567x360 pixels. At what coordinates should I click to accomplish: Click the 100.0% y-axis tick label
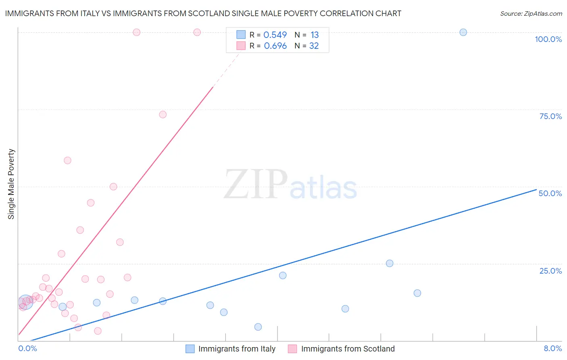point(548,39)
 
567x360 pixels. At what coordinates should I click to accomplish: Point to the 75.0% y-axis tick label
point(550,116)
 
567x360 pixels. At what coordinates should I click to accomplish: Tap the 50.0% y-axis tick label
point(550,193)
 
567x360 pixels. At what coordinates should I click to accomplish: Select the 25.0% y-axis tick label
point(550,270)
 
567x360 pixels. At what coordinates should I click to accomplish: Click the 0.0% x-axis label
point(27,348)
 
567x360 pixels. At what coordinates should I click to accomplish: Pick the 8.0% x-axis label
point(552,348)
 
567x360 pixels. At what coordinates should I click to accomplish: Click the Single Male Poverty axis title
point(11,184)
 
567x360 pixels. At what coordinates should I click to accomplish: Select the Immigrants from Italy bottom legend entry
point(237,349)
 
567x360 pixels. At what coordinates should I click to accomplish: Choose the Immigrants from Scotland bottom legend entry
point(348,349)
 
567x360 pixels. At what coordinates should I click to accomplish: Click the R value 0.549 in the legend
point(275,35)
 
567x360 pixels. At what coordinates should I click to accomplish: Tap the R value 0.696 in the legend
point(275,46)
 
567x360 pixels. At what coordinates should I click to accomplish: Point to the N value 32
point(314,46)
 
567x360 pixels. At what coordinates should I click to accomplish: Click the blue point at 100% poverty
point(463,32)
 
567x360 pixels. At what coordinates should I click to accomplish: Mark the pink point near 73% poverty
point(163,115)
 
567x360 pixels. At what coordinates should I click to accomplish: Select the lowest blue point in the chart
point(258,327)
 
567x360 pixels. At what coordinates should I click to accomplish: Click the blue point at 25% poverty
point(390,263)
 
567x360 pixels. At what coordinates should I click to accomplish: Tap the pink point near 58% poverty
point(67,160)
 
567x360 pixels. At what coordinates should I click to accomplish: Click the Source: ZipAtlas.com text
point(531,13)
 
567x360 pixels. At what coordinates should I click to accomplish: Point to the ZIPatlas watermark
point(290,185)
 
